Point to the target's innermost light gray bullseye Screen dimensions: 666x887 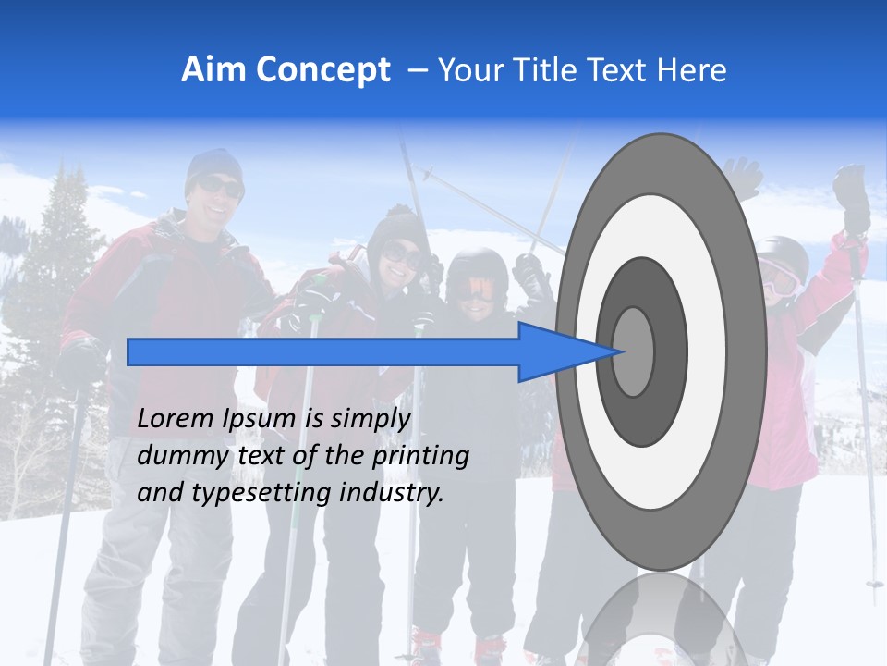(634, 351)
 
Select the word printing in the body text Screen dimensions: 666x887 (420, 456)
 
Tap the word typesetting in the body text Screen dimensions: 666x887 (262, 493)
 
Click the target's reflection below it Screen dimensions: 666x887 (661, 620)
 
